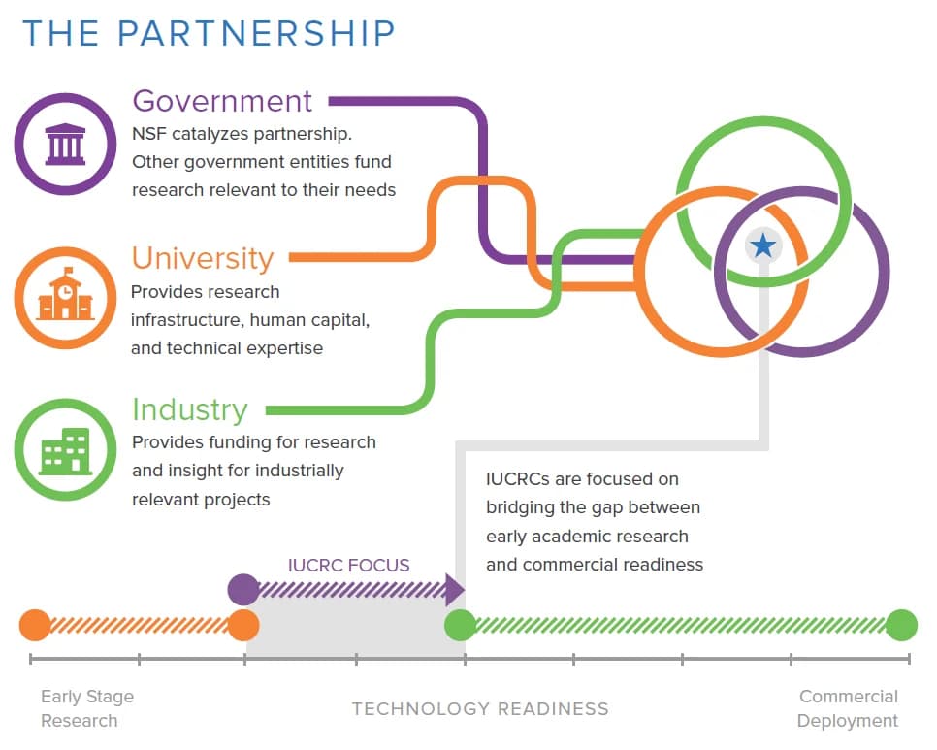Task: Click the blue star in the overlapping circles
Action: coord(763,245)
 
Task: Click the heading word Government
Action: coord(222,101)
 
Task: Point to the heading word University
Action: coord(203,258)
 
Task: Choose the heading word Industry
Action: coord(190,409)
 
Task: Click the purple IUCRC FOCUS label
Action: coord(348,565)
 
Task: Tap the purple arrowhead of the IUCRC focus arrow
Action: coord(454,589)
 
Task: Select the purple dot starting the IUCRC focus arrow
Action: coord(242,589)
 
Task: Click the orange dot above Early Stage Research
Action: coord(35,626)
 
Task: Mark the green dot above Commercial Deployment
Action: coord(901,626)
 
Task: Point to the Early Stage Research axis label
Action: coord(86,708)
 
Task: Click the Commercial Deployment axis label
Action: coord(848,708)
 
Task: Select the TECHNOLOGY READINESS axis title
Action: coord(480,709)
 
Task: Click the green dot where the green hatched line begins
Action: coord(460,626)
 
